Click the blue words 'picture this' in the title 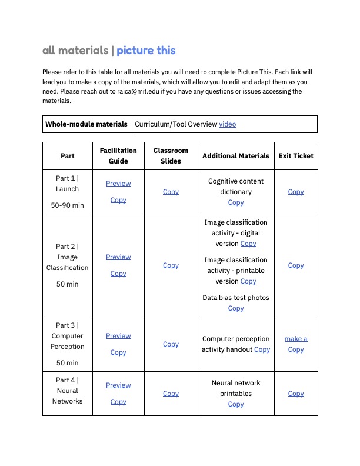pyautogui.click(x=146, y=51)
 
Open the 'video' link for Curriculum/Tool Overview pyautogui.click(x=228, y=124)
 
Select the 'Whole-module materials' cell pyautogui.click(x=86, y=124)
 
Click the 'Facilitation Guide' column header pyautogui.click(x=118, y=156)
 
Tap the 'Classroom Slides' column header pyautogui.click(x=171, y=156)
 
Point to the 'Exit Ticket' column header pyautogui.click(x=296, y=156)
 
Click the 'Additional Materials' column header pyautogui.click(x=236, y=156)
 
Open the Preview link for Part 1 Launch pyautogui.click(x=118, y=184)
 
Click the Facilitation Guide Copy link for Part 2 pyautogui.click(x=118, y=274)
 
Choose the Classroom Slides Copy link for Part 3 pyautogui.click(x=171, y=344)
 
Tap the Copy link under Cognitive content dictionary pyautogui.click(x=236, y=202)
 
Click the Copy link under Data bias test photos pyautogui.click(x=236, y=308)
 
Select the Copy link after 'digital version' pyautogui.click(x=248, y=244)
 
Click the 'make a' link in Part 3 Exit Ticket pyautogui.click(x=296, y=339)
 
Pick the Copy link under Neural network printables pyautogui.click(x=236, y=404)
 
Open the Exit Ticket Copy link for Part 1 pyautogui.click(x=296, y=192)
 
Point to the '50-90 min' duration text pyautogui.click(x=67, y=205)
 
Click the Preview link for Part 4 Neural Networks pyautogui.click(x=118, y=385)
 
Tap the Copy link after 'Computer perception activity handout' pyautogui.click(x=262, y=349)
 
